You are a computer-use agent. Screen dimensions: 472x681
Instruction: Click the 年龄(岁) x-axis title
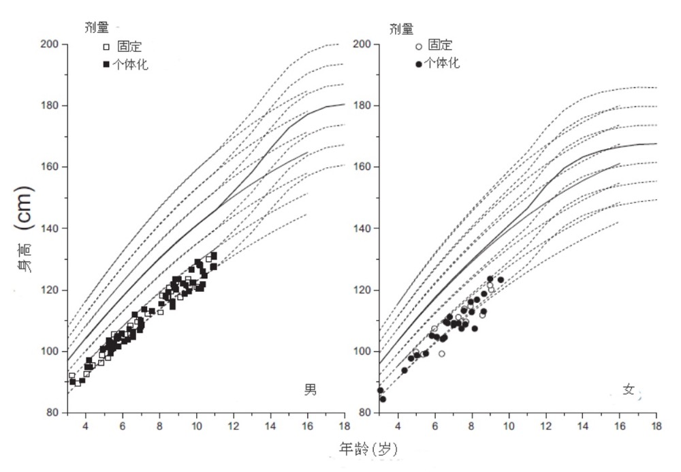(x=368, y=448)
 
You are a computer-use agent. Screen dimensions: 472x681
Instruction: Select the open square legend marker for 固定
(x=106, y=47)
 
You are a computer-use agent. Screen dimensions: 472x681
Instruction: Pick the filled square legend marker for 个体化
(x=106, y=65)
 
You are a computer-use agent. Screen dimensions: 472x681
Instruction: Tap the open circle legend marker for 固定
(x=419, y=46)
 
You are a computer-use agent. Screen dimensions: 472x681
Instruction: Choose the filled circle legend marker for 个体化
(x=419, y=64)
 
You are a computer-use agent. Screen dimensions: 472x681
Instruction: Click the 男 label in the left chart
(x=310, y=389)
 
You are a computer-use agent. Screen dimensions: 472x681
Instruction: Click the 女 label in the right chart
(x=628, y=389)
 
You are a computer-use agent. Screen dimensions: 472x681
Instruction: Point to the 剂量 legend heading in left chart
(x=88, y=29)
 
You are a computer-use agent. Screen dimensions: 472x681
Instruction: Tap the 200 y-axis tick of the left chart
(x=52, y=44)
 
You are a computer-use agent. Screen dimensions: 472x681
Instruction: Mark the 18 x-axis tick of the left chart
(x=344, y=426)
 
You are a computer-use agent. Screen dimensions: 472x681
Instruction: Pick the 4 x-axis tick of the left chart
(x=85, y=426)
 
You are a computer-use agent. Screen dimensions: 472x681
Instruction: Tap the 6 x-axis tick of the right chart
(x=434, y=426)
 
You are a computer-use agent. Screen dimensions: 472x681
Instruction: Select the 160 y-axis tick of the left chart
(x=52, y=167)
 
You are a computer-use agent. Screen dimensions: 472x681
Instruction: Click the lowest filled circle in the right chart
(x=383, y=399)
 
